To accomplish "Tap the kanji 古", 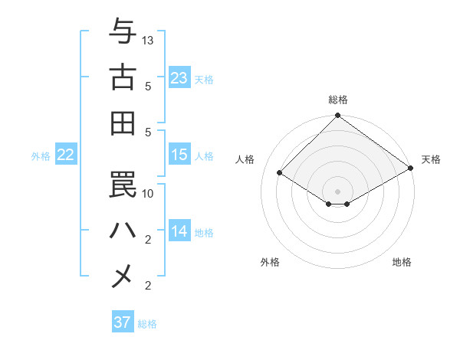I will (123, 77).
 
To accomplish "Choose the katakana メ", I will (123, 276).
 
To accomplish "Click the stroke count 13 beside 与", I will (148, 40).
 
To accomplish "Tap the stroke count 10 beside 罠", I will (148, 193).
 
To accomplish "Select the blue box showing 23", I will (179, 78).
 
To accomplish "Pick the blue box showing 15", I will (179, 155).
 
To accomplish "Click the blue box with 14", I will (179, 231).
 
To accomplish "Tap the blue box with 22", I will (66, 155).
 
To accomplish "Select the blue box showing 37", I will (123, 322).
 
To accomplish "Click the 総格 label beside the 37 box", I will (147, 324).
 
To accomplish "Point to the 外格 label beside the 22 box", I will (41, 156).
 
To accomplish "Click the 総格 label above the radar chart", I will (338, 100).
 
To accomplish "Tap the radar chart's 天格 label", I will (431, 159).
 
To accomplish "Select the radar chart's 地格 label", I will (402, 262).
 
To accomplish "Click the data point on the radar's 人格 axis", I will (280, 173).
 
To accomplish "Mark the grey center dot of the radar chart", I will (337, 190).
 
